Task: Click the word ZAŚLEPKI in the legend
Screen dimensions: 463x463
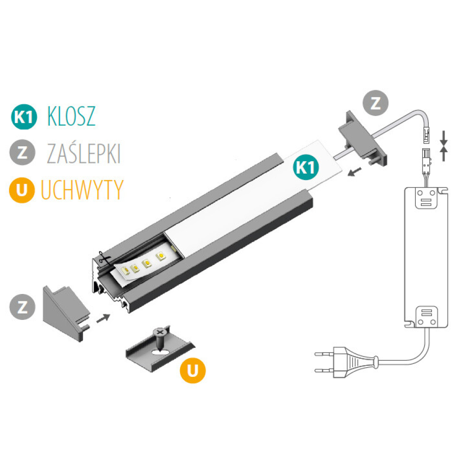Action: click(84, 153)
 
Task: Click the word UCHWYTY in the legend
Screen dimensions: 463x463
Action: click(82, 189)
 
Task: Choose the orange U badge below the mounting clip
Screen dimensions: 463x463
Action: click(193, 370)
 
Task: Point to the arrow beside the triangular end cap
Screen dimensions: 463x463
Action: click(104, 318)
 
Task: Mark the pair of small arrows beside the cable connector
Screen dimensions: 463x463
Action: click(444, 145)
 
